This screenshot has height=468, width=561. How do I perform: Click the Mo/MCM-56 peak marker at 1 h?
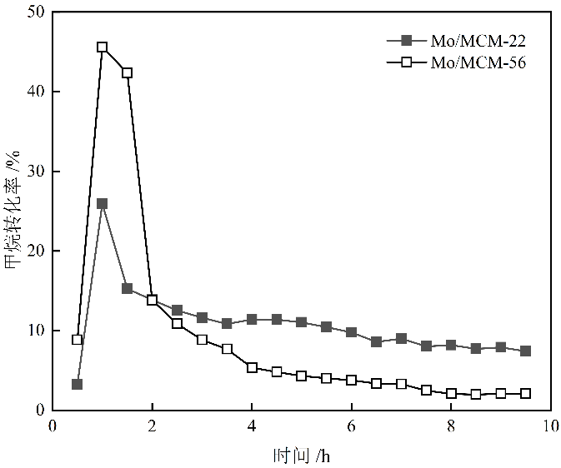(102, 47)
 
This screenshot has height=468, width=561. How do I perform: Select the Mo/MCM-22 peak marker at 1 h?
(102, 203)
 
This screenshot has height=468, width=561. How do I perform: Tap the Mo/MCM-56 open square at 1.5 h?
(127, 72)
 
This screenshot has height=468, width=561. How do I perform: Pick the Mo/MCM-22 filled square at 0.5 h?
(77, 384)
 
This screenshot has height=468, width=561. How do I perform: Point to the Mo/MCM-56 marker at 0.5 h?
(77, 339)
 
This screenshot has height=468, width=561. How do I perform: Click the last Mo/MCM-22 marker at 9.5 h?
(525, 351)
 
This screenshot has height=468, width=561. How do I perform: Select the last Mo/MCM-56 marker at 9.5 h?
(525, 393)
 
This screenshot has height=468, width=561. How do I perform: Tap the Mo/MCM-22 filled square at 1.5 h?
(127, 288)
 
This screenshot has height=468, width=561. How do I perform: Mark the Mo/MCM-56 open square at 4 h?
(252, 367)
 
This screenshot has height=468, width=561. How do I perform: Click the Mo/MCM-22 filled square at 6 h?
(351, 332)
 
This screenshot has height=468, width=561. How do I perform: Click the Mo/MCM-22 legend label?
(478, 40)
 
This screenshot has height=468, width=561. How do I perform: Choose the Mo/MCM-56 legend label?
(478, 61)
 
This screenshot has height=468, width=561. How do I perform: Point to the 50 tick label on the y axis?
(34, 12)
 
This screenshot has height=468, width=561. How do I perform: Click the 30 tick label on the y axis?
(34, 172)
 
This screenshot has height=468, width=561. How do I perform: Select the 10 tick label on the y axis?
(34, 331)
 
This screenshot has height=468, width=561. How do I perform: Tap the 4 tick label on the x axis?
(252, 426)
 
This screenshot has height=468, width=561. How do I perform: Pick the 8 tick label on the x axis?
(451, 426)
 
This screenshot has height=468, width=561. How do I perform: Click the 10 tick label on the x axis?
(550, 426)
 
